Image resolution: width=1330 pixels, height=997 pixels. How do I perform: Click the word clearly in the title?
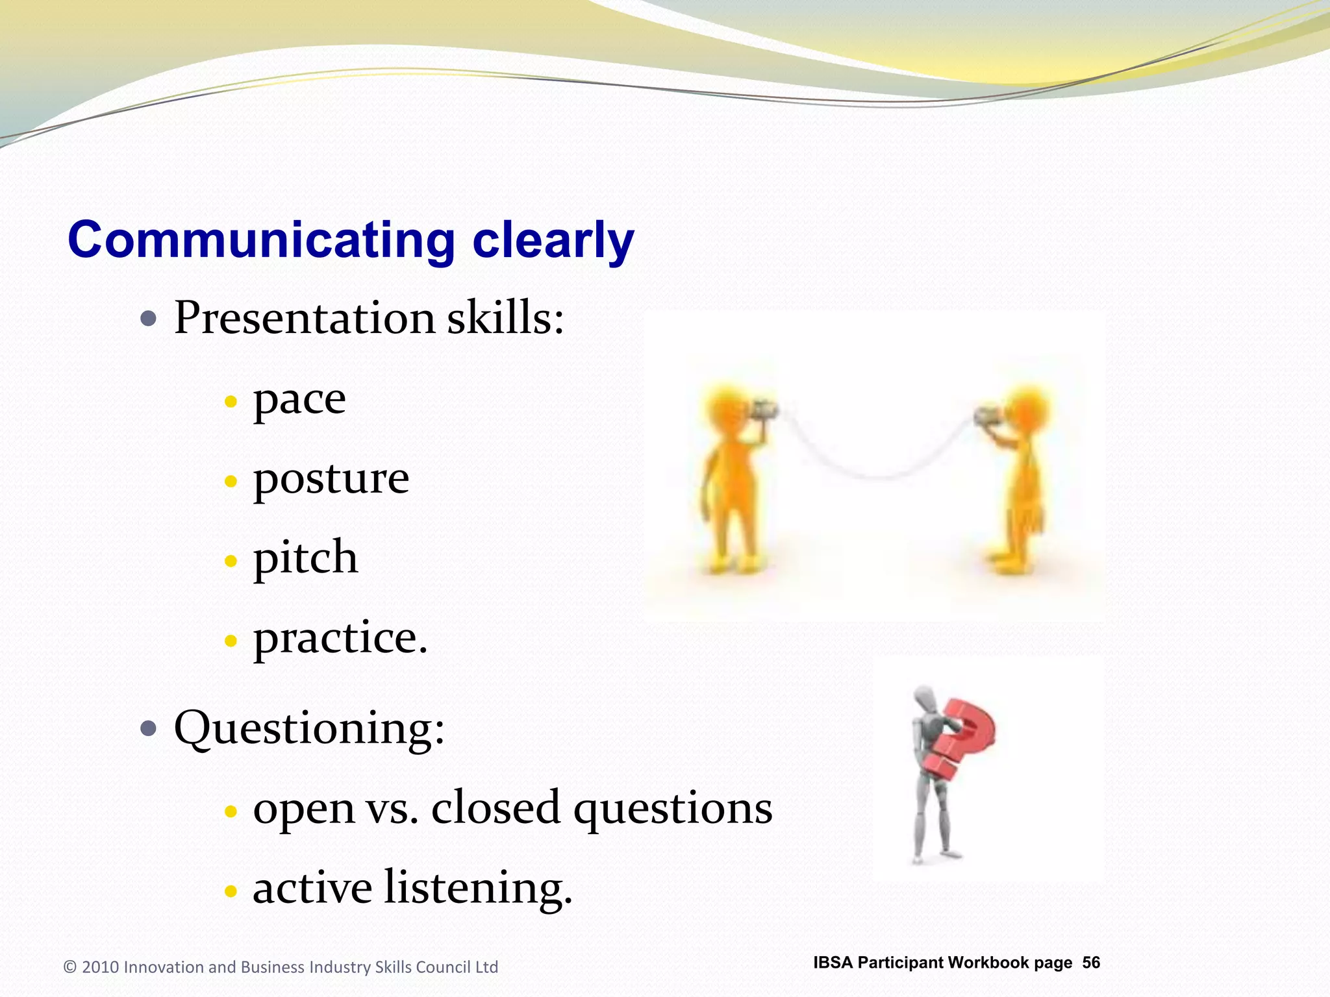pos(553,241)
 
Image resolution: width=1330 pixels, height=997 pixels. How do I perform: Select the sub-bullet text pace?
pos(299,400)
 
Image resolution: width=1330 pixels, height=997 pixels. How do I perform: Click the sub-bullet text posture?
pos(331,480)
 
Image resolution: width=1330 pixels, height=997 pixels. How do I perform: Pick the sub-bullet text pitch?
pos(305,559)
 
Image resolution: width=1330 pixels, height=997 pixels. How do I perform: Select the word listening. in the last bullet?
pos(478,888)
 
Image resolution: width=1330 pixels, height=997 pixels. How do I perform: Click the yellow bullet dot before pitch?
pos(231,561)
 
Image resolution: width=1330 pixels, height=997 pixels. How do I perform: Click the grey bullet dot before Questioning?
pos(149,728)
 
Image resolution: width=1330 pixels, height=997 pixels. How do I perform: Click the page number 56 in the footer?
pos(1091,963)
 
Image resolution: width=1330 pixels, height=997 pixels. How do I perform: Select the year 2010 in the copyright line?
pos(101,967)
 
